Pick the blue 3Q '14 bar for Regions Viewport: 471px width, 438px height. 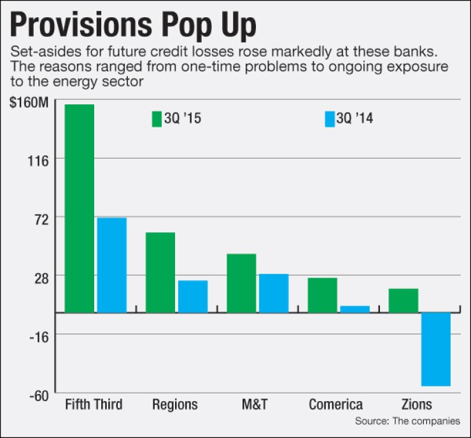pos(193,297)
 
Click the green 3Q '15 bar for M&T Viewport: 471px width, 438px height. pos(241,283)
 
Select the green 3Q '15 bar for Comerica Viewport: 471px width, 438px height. pos(322,295)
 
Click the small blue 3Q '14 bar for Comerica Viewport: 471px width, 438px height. pos(355,309)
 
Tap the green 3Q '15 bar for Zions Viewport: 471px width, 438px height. pos(403,300)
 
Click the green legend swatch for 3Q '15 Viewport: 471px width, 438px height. pos(157,118)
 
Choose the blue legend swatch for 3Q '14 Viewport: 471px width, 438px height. pos(329,118)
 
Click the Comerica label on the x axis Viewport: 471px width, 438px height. pos(335,404)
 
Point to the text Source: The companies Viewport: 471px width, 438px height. pos(407,421)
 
